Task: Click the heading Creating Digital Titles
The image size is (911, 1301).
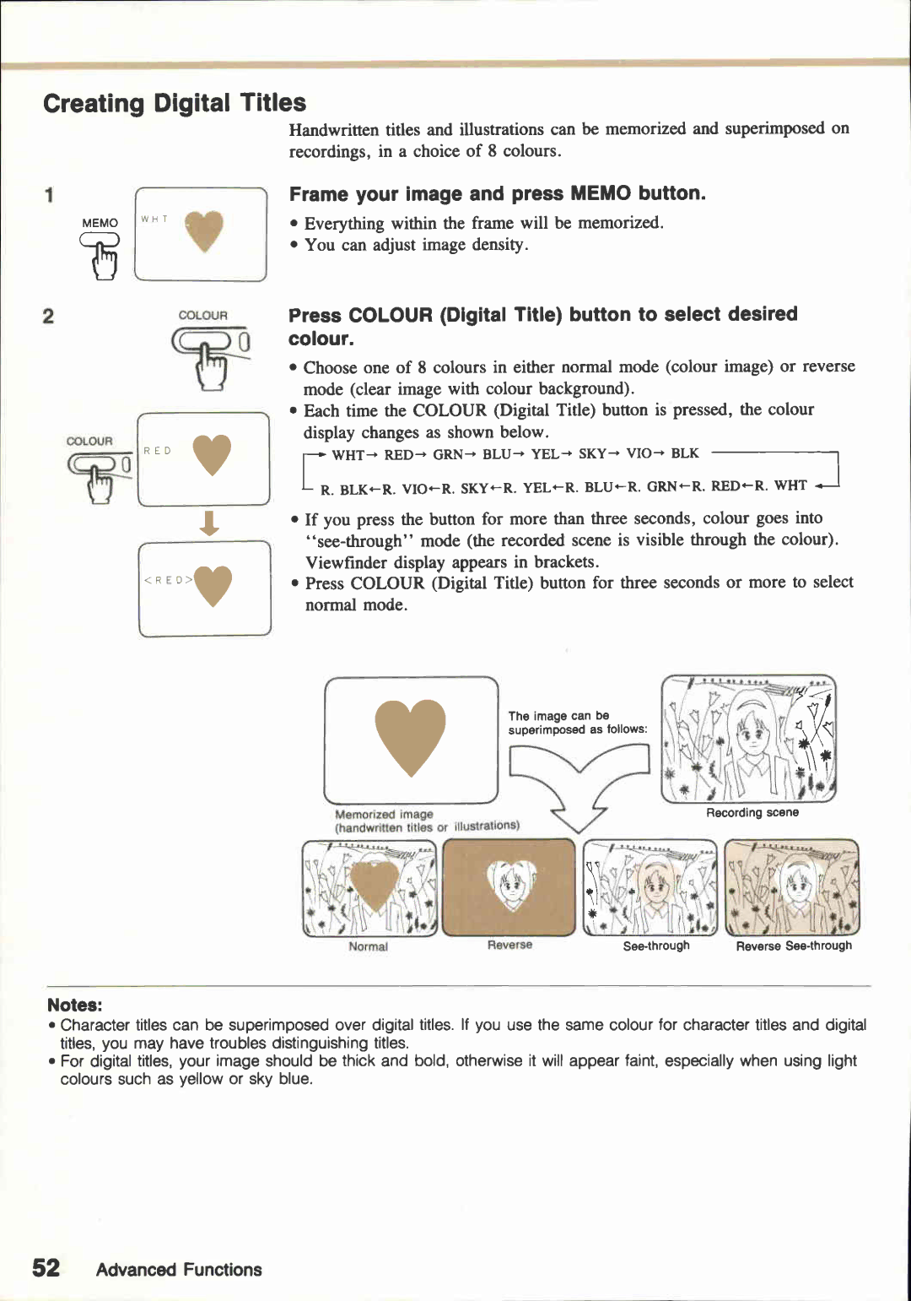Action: coord(175,103)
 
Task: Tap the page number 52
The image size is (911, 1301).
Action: coord(46,1267)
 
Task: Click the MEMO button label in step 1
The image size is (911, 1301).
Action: coord(100,223)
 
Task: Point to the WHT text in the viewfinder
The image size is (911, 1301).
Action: coord(154,220)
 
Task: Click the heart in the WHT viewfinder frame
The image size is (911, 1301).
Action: coord(204,230)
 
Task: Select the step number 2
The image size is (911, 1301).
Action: coord(48,317)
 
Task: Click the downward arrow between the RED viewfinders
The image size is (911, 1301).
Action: coord(209,523)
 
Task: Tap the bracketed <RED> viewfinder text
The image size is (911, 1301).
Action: coord(169,580)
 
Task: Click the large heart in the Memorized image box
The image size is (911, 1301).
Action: coord(410,735)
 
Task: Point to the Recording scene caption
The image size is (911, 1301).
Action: coord(752,813)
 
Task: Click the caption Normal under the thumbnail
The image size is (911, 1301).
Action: coord(368,946)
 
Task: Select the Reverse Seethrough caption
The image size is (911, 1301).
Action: coord(793,946)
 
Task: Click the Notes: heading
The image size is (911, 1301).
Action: coord(74,1005)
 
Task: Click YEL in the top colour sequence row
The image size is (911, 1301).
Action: coord(544,454)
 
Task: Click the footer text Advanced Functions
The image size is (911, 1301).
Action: coord(179,1270)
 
